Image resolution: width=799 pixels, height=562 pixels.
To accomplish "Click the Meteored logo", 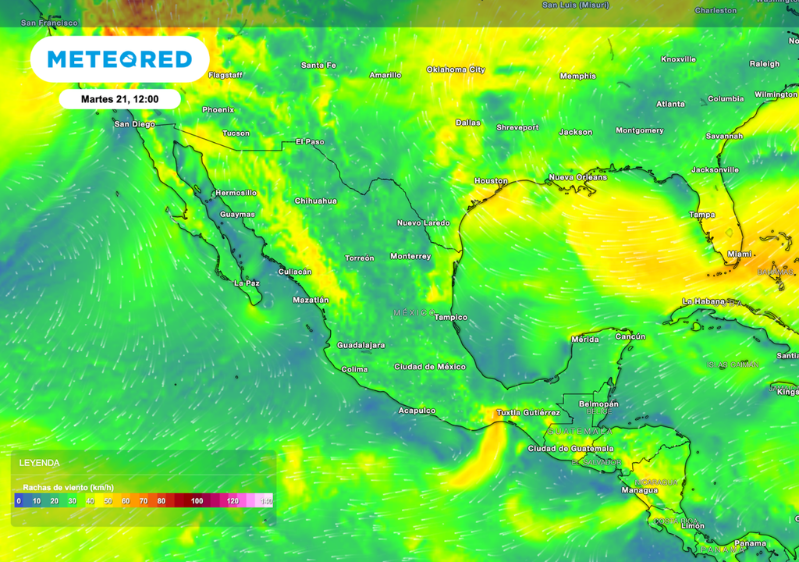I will pyautogui.click(x=119, y=59).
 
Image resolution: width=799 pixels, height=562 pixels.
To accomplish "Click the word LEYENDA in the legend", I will pyautogui.click(x=40, y=463).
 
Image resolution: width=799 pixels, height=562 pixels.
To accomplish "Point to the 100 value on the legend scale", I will pyautogui.click(x=197, y=501).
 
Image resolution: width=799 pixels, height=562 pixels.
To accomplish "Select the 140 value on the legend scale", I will pyautogui.click(x=266, y=501).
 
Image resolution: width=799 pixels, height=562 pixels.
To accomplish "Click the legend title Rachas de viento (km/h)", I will pyautogui.click(x=69, y=487).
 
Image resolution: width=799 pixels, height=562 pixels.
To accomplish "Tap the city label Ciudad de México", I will pyautogui.click(x=430, y=367).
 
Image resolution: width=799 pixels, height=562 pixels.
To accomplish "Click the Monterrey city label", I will pyautogui.click(x=410, y=257).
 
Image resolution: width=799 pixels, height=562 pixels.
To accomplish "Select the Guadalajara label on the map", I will pyautogui.click(x=360, y=345).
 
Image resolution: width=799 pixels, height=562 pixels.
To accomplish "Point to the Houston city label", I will pyautogui.click(x=491, y=181).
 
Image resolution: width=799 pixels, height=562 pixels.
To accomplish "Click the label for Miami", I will pyautogui.click(x=739, y=254).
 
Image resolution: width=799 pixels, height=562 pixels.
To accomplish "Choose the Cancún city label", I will pyautogui.click(x=630, y=336).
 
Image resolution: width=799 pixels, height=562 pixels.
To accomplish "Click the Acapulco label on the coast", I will pyautogui.click(x=417, y=411).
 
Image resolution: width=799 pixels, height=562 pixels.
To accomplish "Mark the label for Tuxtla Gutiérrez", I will pyautogui.click(x=528, y=412).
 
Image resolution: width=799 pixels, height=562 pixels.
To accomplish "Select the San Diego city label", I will pyautogui.click(x=134, y=124).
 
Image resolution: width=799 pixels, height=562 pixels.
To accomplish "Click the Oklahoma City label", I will pyautogui.click(x=456, y=69).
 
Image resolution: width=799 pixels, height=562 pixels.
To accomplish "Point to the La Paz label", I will pyautogui.click(x=247, y=283).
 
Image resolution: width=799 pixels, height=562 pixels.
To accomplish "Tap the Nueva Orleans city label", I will pyautogui.click(x=577, y=177).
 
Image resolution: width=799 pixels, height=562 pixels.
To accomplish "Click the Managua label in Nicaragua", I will pyautogui.click(x=639, y=490).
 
